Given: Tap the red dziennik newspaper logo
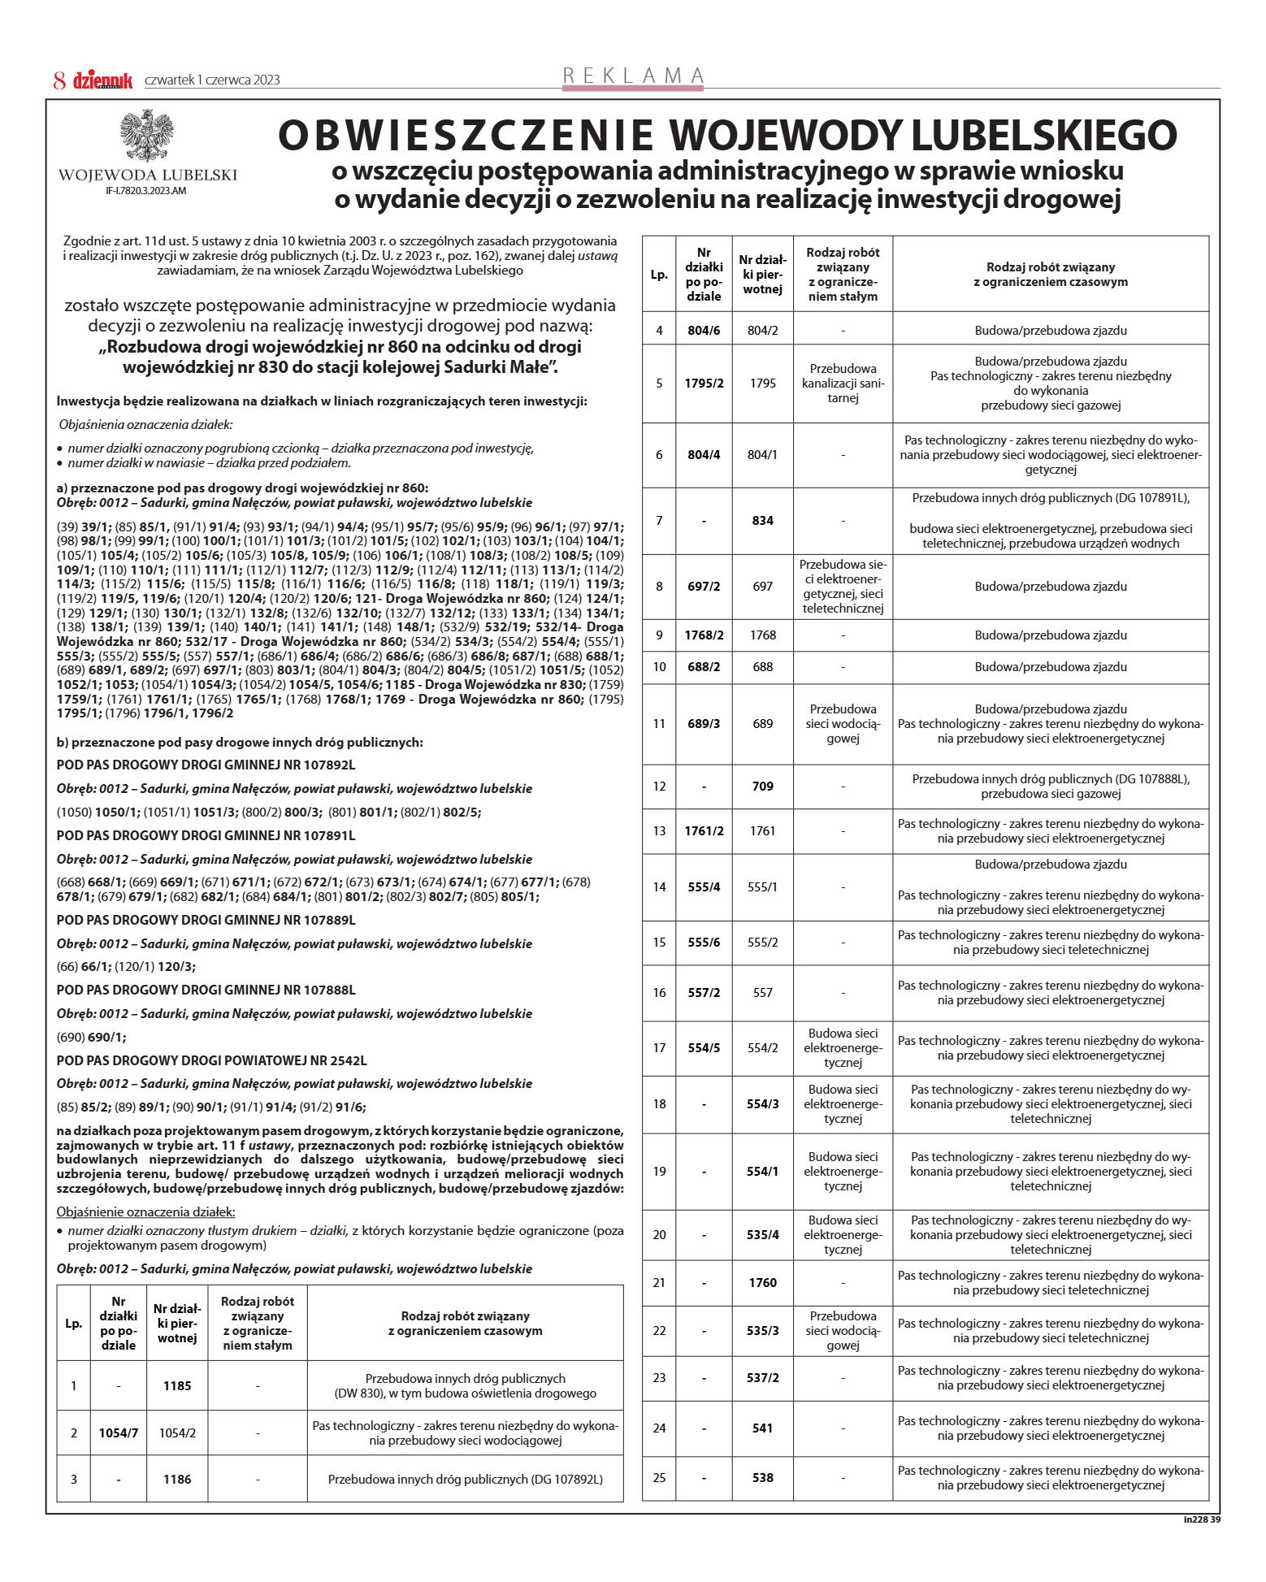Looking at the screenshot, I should [103, 80].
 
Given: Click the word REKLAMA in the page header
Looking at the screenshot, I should [633, 76].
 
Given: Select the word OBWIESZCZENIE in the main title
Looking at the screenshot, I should [466, 136].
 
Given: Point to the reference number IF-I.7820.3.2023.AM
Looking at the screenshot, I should [146, 191].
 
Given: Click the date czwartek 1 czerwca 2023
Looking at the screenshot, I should [212, 80].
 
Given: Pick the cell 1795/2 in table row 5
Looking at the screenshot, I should [704, 384].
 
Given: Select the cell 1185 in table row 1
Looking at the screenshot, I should [177, 1385].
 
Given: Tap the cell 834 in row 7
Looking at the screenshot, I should [762, 521].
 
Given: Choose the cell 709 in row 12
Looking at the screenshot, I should [762, 786].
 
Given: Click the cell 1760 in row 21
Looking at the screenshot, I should [762, 1282].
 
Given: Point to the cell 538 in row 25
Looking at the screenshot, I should [762, 1477].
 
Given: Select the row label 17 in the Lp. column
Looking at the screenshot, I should [659, 1048].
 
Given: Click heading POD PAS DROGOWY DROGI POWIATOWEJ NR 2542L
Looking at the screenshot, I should [212, 1060].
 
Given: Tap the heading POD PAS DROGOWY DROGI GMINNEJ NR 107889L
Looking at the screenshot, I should [206, 920].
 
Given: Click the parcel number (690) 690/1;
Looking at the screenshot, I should [92, 1037].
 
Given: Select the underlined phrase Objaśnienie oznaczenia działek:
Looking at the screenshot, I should [145, 1211].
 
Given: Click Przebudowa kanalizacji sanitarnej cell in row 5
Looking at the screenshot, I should [843, 384].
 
